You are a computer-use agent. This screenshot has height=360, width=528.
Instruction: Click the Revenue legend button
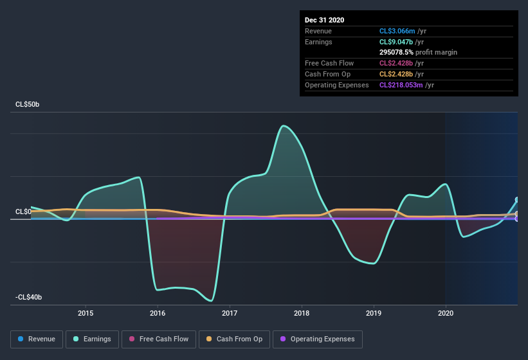(x=37, y=339)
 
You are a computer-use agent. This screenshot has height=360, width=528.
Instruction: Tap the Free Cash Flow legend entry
(x=159, y=339)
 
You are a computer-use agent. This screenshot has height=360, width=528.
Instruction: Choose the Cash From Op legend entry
(x=234, y=339)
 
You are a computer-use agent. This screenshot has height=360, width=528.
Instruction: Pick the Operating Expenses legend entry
(x=317, y=339)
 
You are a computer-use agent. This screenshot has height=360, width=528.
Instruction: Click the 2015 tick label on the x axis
(x=86, y=313)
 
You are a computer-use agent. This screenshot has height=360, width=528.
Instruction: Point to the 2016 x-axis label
(x=158, y=313)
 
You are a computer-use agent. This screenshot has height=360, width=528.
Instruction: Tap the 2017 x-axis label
(x=230, y=313)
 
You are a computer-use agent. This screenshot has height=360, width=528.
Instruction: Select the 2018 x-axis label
(x=302, y=313)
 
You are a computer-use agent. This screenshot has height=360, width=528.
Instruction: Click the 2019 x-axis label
(x=374, y=313)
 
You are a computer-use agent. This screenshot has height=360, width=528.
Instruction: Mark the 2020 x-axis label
(x=445, y=313)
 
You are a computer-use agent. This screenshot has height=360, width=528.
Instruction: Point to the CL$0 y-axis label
(x=24, y=212)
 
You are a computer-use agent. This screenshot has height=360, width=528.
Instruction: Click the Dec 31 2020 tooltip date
(x=324, y=20)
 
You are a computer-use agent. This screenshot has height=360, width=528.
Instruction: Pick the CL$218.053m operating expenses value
(x=406, y=85)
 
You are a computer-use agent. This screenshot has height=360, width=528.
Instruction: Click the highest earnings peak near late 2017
(x=282, y=125)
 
